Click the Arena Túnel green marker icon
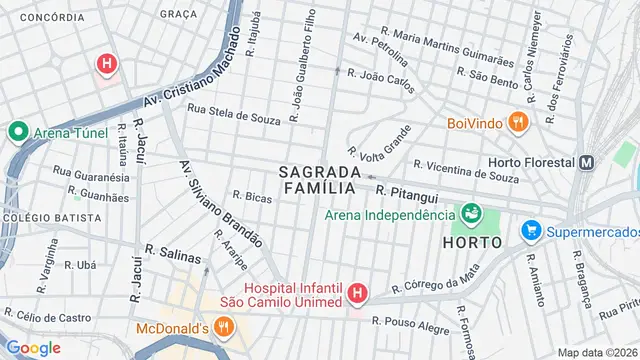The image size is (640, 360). click(17, 131)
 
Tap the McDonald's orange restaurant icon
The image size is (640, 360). click(224, 327)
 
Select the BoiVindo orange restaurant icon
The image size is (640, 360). click(516, 123)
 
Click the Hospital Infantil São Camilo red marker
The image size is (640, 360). click(357, 293)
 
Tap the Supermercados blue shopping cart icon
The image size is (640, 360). click(531, 232)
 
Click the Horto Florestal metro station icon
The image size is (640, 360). click(587, 162)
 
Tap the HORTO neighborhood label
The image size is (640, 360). click(470, 243)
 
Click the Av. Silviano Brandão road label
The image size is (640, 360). click(220, 204)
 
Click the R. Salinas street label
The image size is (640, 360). click(173, 255)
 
